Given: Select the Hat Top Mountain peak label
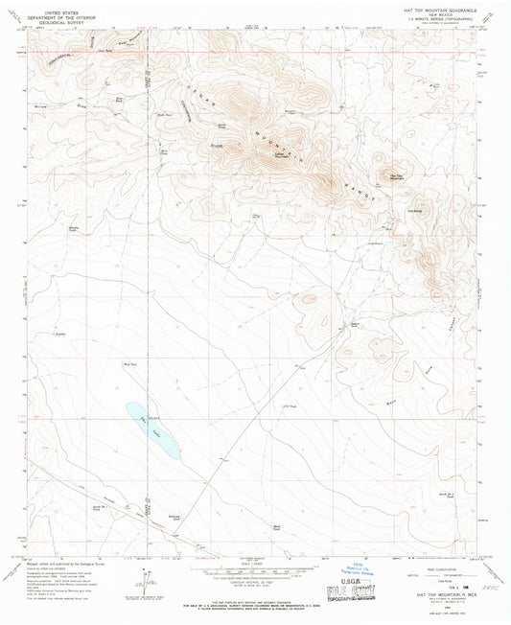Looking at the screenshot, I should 396,176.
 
